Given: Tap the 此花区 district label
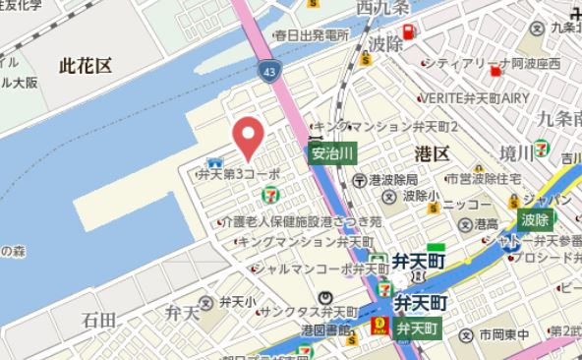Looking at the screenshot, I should click(x=86, y=66).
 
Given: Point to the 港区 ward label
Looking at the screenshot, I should click(x=432, y=153).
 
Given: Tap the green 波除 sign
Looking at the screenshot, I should click(x=535, y=218).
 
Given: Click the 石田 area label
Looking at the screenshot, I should click(x=99, y=319).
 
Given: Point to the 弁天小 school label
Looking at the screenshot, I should click(x=238, y=301).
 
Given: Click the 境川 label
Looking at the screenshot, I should click(x=515, y=151).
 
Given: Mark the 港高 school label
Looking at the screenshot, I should click(x=487, y=225).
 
